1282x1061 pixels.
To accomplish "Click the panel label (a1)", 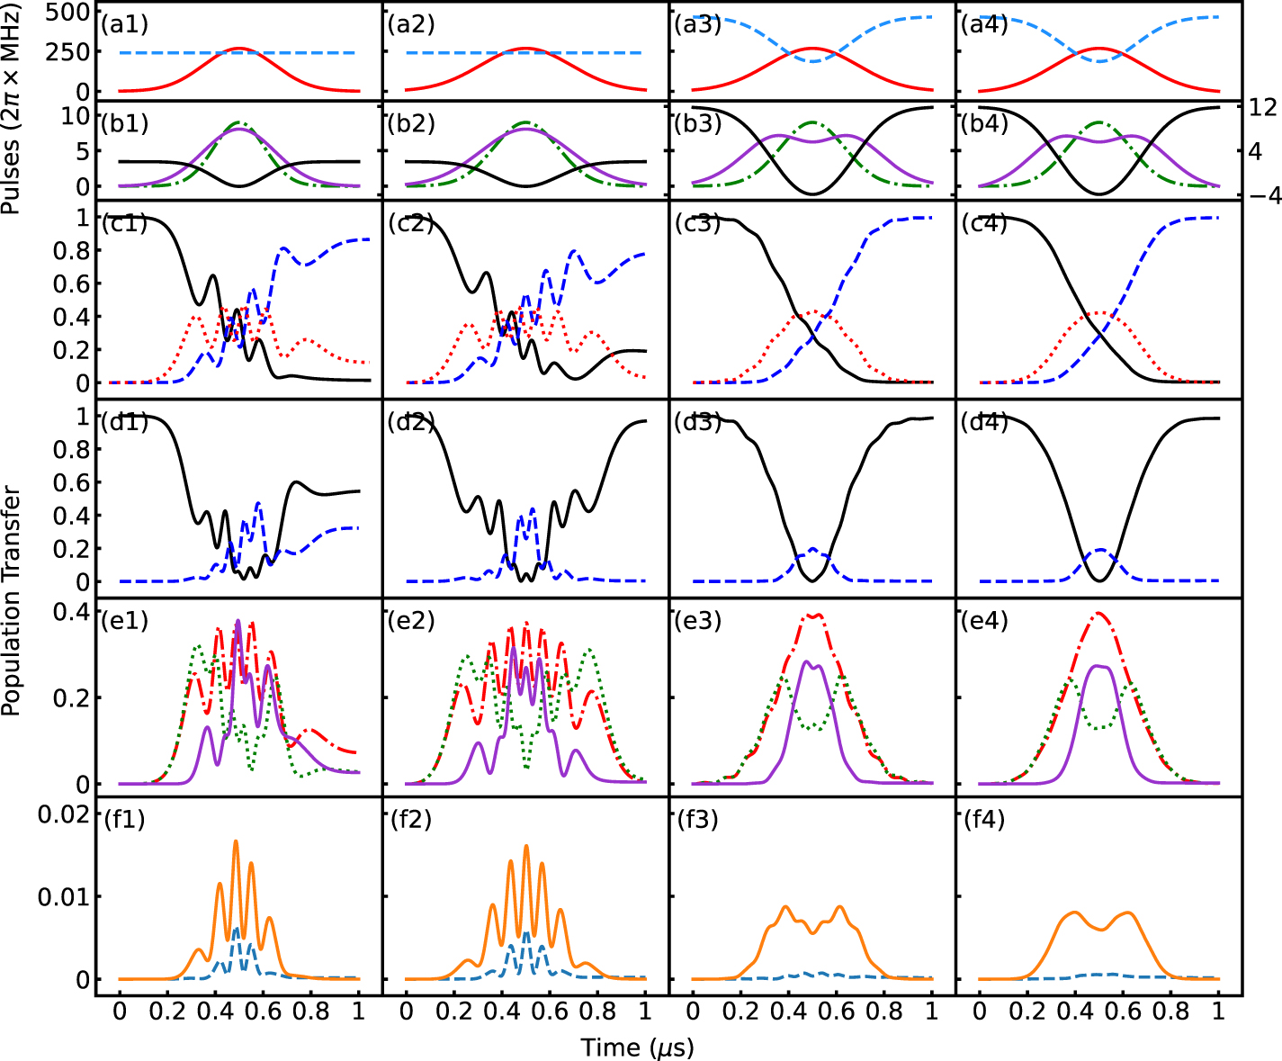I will (125, 24).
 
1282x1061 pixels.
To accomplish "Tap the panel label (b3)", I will (698, 123).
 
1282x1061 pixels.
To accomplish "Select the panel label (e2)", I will (411, 620).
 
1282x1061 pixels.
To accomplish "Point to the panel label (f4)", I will (984, 820).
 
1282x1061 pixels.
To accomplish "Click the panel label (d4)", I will (984, 421).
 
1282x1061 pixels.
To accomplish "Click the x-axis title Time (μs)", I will (638, 1047).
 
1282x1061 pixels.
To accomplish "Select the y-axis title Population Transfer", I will (12, 601).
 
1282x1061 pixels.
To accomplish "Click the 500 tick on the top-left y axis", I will (68, 13).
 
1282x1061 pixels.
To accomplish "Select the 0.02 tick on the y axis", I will (63, 814).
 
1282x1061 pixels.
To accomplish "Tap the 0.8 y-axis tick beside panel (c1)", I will (71, 251).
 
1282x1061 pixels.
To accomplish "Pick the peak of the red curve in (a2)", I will (525, 49).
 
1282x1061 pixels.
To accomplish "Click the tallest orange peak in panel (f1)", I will (237, 841).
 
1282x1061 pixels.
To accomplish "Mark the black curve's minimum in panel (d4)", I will (1098, 581).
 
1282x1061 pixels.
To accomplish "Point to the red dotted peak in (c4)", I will (1098, 313).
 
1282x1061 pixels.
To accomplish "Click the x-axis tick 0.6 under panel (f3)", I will (836, 1012).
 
